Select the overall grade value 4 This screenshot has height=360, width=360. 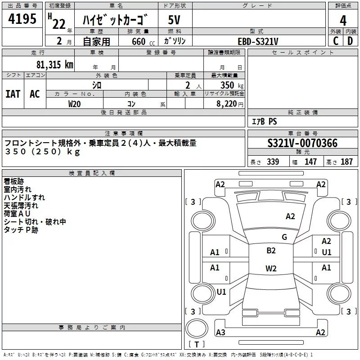(343, 20)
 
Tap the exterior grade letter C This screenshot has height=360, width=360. (335, 41)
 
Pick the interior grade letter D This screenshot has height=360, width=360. (350, 41)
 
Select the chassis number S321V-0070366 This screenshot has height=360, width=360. (302, 144)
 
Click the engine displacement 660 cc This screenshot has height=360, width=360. (139, 41)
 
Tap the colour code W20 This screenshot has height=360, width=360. (74, 103)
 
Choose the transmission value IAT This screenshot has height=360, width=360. (13, 94)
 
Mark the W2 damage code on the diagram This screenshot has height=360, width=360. (271, 269)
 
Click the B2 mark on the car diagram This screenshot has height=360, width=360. (271, 251)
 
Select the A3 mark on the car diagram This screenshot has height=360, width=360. (220, 333)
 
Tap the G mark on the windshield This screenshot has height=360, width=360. (284, 237)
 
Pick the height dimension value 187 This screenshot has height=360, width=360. (346, 162)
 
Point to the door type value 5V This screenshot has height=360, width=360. (174, 20)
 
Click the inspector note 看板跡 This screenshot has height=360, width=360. (14, 181)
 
